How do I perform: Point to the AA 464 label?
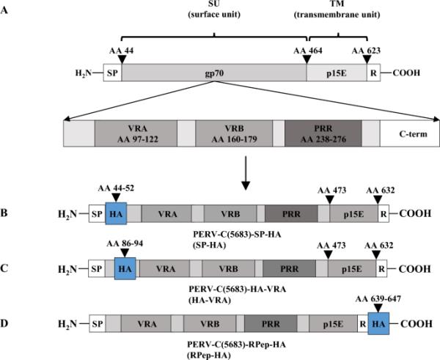[307, 52]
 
